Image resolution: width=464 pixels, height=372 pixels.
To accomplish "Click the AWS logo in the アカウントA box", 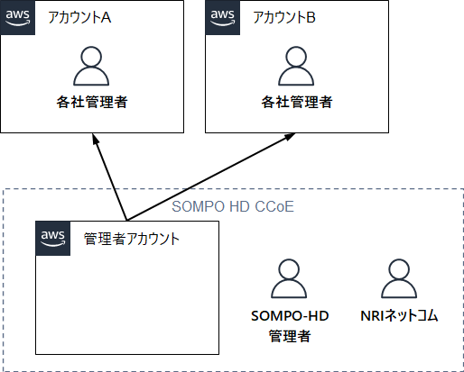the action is pos(18,18).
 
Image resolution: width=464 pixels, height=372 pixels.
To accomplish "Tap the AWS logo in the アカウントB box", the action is pos(223,18).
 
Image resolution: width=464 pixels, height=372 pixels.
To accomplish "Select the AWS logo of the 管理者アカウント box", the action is pos(53,239).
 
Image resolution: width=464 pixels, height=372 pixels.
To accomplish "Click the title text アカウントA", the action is pos(79,17).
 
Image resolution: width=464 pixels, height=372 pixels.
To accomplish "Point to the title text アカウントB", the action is pos(284,17).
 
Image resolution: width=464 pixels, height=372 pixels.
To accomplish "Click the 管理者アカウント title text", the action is pos(132,239).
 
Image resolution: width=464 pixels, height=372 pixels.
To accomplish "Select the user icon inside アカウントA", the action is pos(91,66).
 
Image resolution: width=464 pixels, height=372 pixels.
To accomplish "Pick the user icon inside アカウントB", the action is pos(296,66).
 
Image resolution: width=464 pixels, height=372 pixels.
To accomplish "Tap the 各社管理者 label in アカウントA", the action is pos(92,102).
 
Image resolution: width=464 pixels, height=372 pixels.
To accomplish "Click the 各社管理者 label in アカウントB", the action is pos(297,102).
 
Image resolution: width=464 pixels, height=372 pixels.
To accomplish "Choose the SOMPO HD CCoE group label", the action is pos(233,206).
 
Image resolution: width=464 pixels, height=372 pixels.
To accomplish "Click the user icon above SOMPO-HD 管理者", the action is pos(289,278).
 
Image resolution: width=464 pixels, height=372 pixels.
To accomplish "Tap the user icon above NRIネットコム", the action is pos(399,278).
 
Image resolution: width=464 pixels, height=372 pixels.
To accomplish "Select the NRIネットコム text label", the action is pos(399,316).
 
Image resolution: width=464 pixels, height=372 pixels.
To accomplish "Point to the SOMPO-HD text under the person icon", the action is pos(290,316).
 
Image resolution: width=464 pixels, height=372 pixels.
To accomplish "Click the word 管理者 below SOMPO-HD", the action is pos(290,336).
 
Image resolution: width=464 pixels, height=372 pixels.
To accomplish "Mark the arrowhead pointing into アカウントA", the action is pos(96,138).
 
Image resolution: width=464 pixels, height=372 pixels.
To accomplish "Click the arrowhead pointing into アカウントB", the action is pos(290,136).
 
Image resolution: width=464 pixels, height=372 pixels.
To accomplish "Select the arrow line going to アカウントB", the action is pos(211,177).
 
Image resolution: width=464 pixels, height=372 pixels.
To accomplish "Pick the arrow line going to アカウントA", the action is pos(110,177).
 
